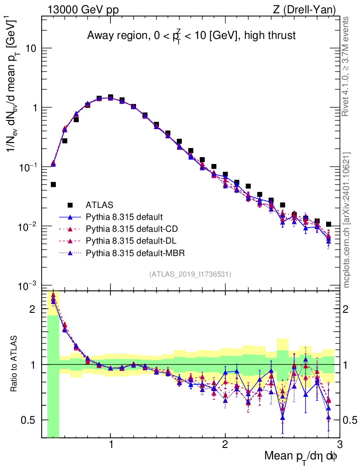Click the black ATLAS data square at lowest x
(x=53, y=185)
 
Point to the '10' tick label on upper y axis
(x=31, y=49)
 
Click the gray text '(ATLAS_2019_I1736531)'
(x=190, y=274)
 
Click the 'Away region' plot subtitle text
(x=191, y=36)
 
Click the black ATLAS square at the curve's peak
(x=110, y=97)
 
